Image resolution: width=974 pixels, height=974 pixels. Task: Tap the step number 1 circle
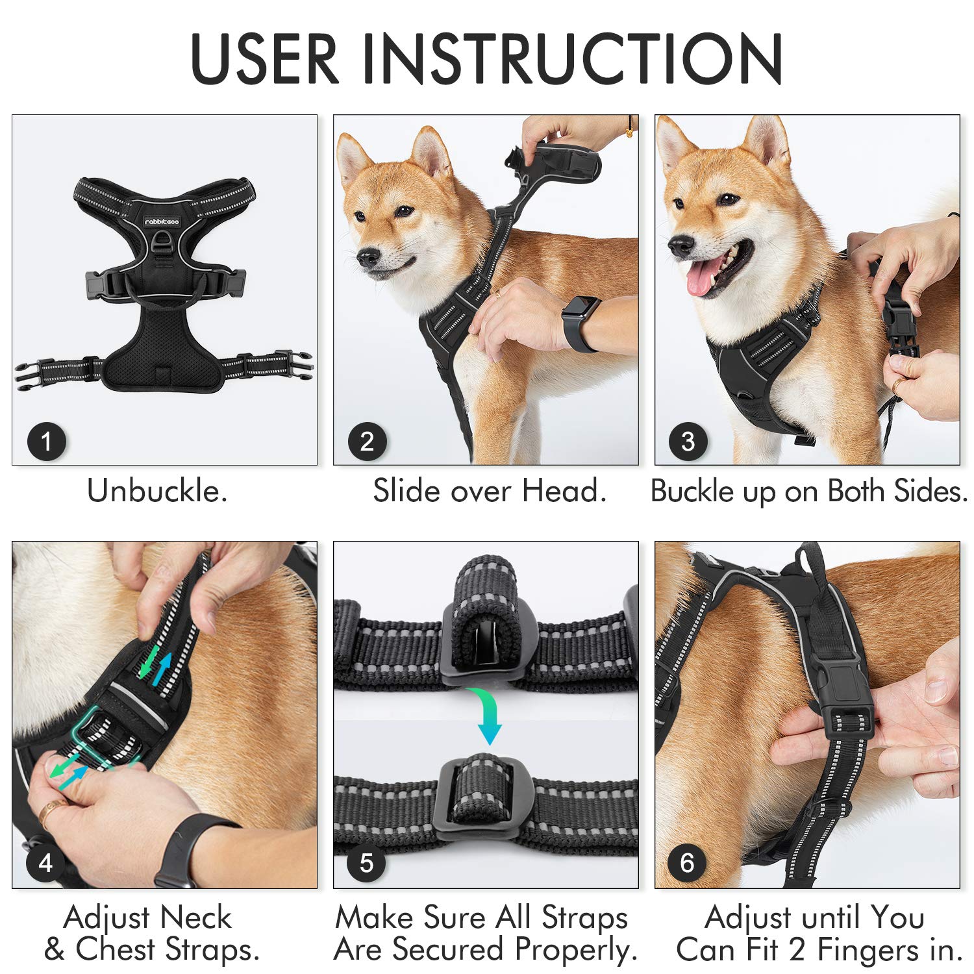click(46, 442)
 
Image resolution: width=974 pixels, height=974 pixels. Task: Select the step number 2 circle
click(367, 442)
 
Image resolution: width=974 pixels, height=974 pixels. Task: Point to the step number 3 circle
click(688, 442)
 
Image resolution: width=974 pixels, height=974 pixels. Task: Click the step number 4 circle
click(45, 863)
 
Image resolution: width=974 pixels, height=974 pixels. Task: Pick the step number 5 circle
click(366, 863)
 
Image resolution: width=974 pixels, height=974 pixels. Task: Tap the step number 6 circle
click(687, 863)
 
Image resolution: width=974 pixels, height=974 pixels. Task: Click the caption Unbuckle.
click(157, 491)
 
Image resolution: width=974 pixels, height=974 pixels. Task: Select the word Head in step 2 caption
click(563, 491)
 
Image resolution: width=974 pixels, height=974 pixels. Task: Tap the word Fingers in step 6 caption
click(866, 949)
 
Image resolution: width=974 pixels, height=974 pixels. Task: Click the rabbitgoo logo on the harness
click(162, 222)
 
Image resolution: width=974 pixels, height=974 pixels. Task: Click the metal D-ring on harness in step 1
click(161, 244)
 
